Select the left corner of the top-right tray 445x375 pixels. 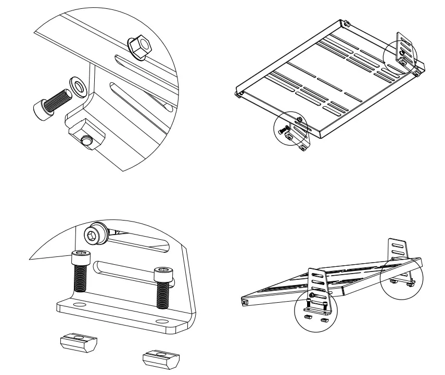coord(237,95)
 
